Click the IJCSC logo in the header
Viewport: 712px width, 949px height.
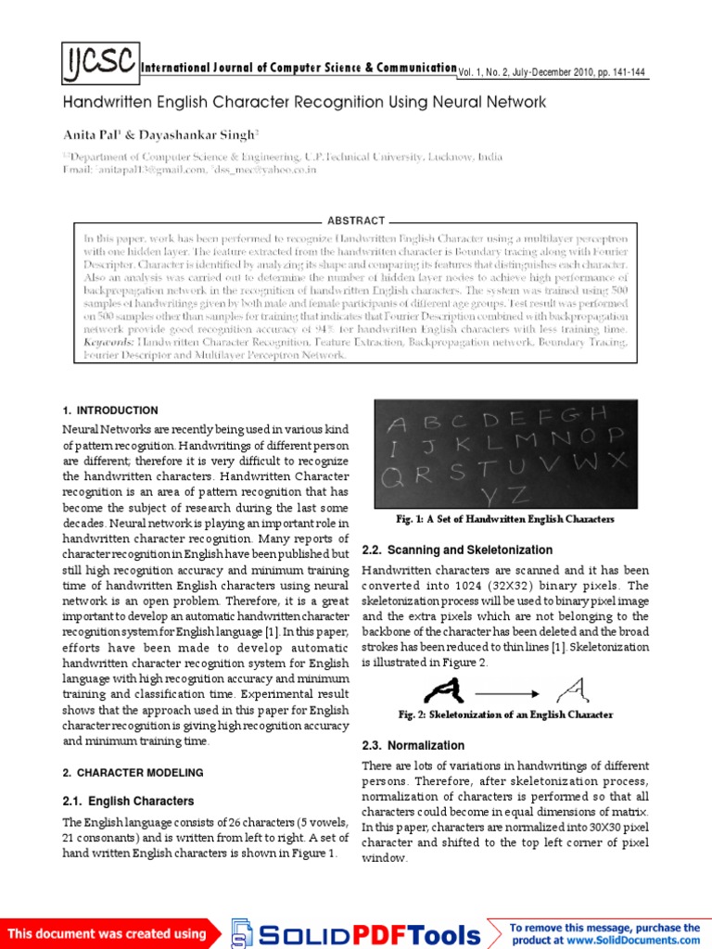[x=101, y=64]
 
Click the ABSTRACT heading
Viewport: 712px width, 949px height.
[x=356, y=221]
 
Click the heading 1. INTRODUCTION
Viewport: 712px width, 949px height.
[x=110, y=411]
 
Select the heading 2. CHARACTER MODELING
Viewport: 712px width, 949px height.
[x=133, y=772]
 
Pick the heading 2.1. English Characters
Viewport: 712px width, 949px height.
[x=128, y=801]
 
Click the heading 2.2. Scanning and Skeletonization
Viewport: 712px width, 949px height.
[x=457, y=550]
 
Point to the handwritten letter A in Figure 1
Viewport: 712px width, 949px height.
[x=397, y=424]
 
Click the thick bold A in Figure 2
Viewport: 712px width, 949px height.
[x=443, y=688]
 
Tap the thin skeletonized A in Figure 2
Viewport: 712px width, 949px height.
[x=568, y=688]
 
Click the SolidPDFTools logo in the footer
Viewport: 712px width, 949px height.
[x=357, y=933]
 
